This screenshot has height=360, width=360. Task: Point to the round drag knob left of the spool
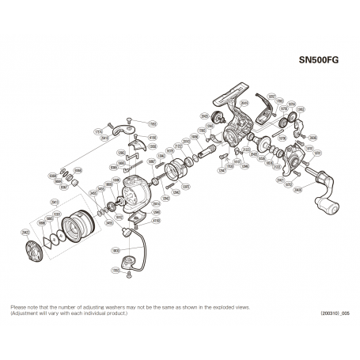(36, 252)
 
